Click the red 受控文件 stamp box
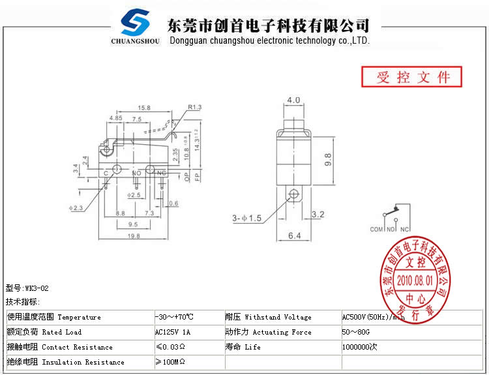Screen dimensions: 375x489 [x=412, y=77]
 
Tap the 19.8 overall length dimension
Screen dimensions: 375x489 [x=134, y=236]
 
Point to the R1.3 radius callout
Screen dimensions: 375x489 [x=194, y=107]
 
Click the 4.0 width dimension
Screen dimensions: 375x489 [x=293, y=100]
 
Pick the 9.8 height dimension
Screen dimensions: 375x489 [x=328, y=159]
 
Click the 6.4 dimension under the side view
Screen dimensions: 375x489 [x=295, y=236]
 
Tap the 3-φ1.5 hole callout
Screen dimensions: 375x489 [x=246, y=218]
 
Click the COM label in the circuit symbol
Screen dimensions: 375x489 [x=376, y=230]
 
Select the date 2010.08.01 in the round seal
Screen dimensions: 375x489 [x=415, y=278]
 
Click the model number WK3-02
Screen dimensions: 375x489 [x=37, y=288]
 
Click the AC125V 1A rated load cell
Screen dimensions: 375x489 [x=173, y=332]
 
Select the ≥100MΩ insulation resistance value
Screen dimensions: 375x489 [x=171, y=362]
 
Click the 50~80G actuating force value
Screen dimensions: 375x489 [x=356, y=332]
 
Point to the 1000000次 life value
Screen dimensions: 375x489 [x=359, y=347]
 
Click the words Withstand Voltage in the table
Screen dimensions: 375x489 [x=278, y=318]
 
